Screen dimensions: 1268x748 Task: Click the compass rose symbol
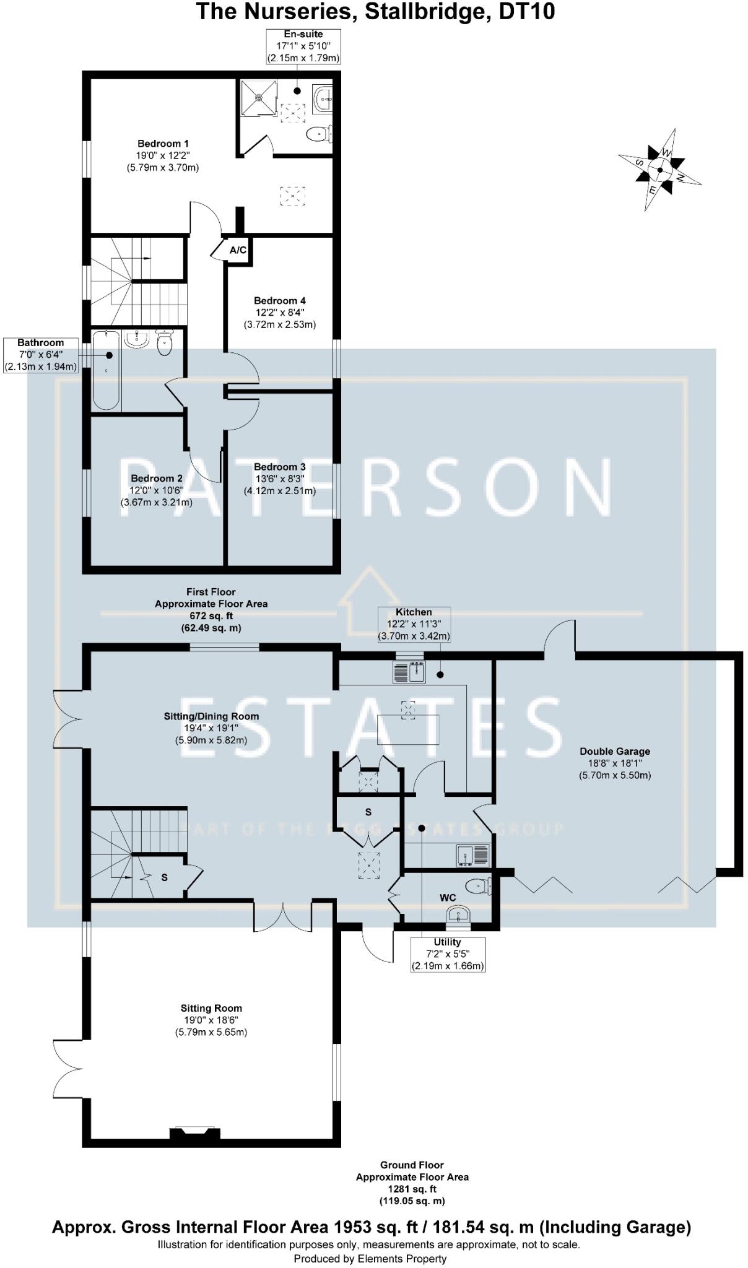(x=659, y=169)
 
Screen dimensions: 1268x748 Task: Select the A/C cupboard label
(x=238, y=250)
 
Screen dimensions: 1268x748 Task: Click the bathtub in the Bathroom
(x=107, y=371)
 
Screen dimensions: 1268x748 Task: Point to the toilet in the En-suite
(x=318, y=132)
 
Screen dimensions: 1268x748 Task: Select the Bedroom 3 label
(x=279, y=467)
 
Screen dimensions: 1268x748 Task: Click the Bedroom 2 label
(x=157, y=479)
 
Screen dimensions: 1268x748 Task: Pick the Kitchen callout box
(x=414, y=624)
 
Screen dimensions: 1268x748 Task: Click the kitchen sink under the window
(x=409, y=672)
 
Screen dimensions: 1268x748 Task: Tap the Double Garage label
(x=614, y=751)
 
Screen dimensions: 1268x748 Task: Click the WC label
(x=448, y=898)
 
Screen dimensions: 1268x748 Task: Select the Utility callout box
(x=447, y=954)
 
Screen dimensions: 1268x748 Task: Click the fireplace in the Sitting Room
(x=195, y=1133)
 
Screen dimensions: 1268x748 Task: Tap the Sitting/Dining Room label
(x=211, y=716)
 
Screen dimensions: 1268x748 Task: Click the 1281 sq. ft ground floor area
(x=412, y=1189)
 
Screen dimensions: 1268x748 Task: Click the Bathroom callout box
(x=41, y=355)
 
